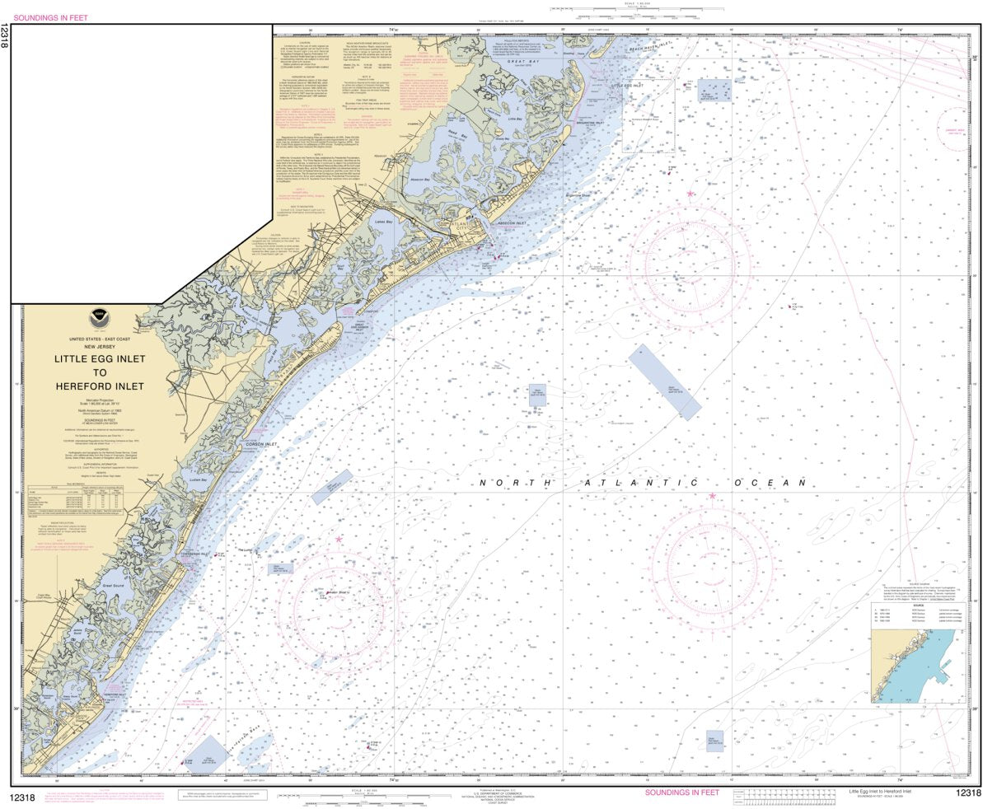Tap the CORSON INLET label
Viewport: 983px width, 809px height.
point(264,444)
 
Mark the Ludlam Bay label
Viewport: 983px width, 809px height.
point(197,479)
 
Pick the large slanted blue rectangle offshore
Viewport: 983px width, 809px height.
point(664,381)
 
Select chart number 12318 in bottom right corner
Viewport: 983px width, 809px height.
point(967,793)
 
